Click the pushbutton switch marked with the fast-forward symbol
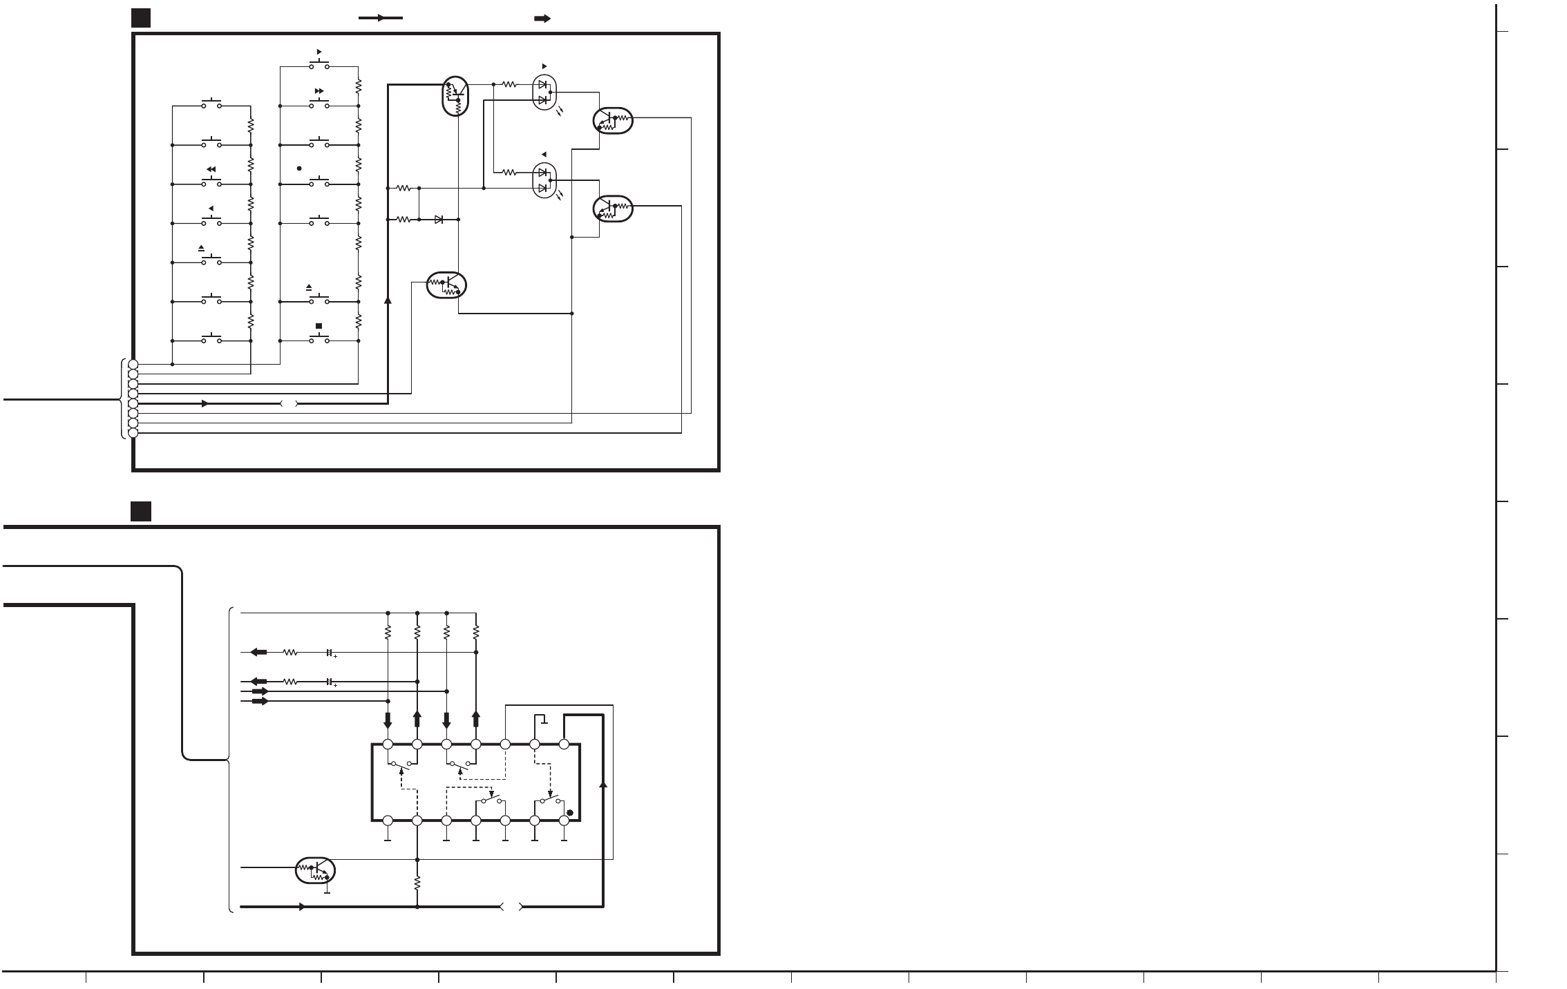click(319, 105)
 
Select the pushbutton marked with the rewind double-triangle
click(211, 183)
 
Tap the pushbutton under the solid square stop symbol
click(319, 340)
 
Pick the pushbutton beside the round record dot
click(319, 183)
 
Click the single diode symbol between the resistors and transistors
click(439, 220)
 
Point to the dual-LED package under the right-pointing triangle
click(544, 93)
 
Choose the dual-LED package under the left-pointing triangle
click(544, 180)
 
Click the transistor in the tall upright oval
click(455, 96)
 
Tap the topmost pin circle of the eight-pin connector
click(133, 364)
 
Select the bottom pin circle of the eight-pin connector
click(133, 432)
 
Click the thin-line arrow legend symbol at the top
click(380, 18)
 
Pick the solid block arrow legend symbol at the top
click(542, 19)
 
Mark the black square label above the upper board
click(141, 18)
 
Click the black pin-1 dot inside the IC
click(570, 812)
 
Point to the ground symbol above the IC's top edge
click(544, 721)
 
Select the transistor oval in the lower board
click(315, 870)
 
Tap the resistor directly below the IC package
click(417, 883)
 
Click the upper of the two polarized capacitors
click(330, 652)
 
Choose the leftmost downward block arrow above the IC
click(388, 720)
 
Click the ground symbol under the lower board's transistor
click(327, 891)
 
